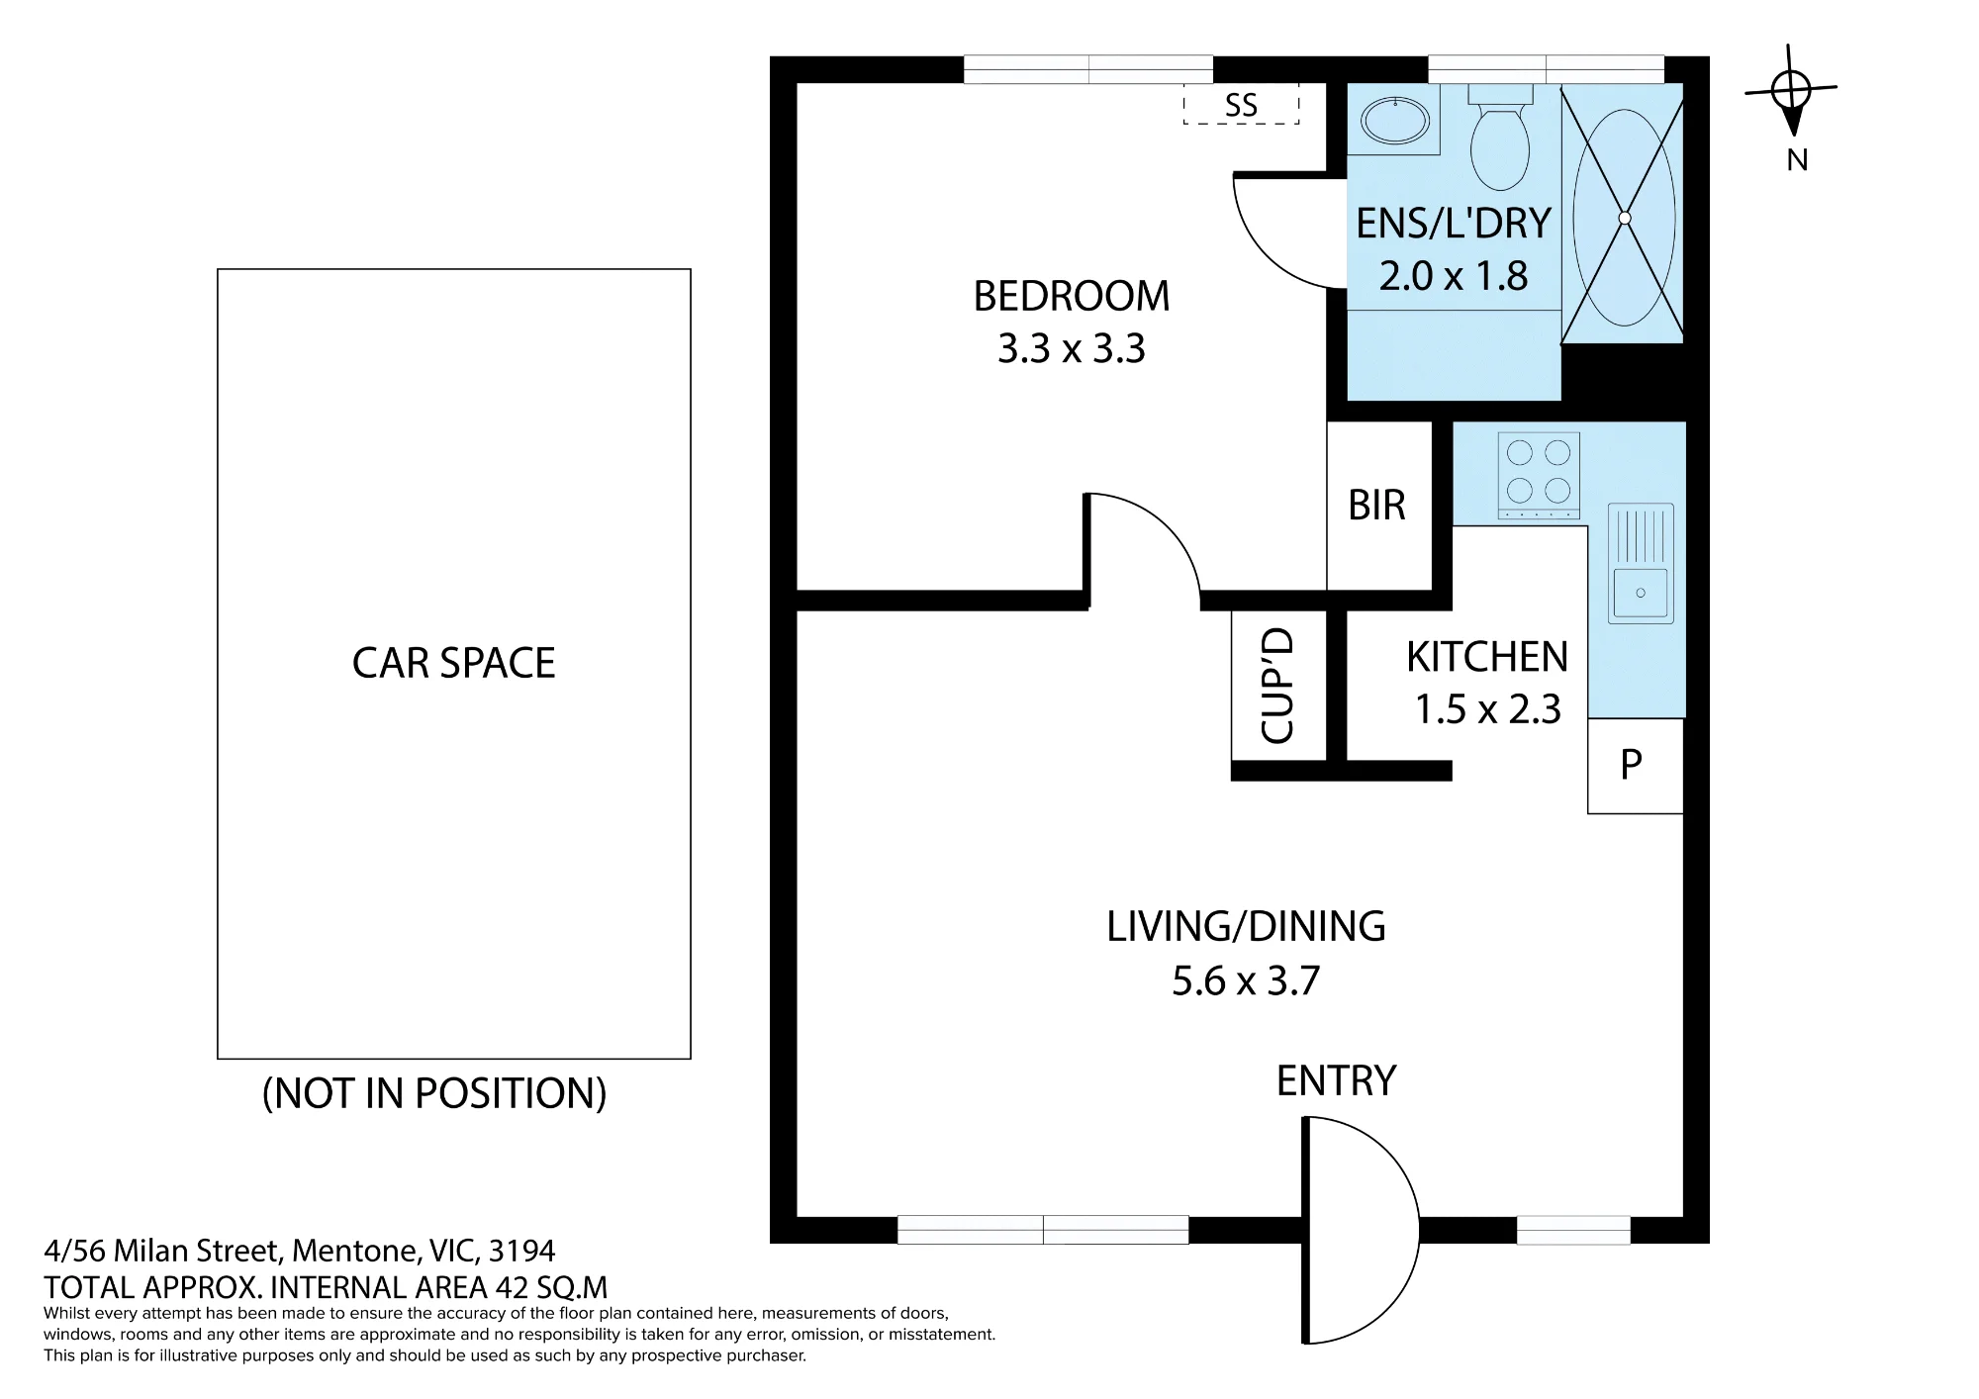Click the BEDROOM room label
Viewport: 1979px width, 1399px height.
click(1072, 296)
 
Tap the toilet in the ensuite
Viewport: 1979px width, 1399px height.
click(1500, 139)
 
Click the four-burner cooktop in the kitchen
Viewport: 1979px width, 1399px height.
click(1539, 475)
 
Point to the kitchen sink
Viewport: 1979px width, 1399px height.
click(1640, 563)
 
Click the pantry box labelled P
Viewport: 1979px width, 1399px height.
click(1635, 765)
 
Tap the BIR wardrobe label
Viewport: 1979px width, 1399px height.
click(1376, 506)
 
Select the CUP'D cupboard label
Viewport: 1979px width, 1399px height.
click(1277, 687)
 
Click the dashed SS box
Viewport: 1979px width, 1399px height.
click(1241, 104)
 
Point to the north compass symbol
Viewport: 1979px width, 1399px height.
click(1791, 91)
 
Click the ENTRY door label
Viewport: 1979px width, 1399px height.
click(1336, 1080)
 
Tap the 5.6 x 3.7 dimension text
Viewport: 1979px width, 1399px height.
click(1246, 980)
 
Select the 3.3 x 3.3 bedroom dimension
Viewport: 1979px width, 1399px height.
click(1072, 348)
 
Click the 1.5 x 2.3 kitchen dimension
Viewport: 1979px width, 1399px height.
click(1487, 708)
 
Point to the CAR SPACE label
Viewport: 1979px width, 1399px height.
click(453, 663)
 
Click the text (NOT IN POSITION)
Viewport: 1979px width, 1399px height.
click(434, 1093)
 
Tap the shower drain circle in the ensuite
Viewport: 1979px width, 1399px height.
click(1624, 218)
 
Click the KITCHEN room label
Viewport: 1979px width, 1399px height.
click(1487, 657)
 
